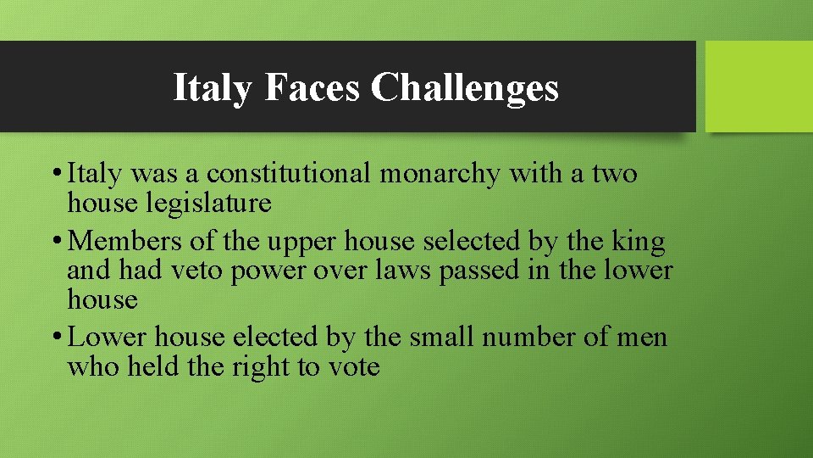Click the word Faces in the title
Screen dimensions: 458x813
coord(312,87)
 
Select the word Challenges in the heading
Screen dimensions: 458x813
coord(465,87)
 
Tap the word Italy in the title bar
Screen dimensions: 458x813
coord(212,87)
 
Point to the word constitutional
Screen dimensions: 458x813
coord(289,174)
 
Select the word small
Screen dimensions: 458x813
coord(440,338)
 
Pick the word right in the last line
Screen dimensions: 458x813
coord(260,368)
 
